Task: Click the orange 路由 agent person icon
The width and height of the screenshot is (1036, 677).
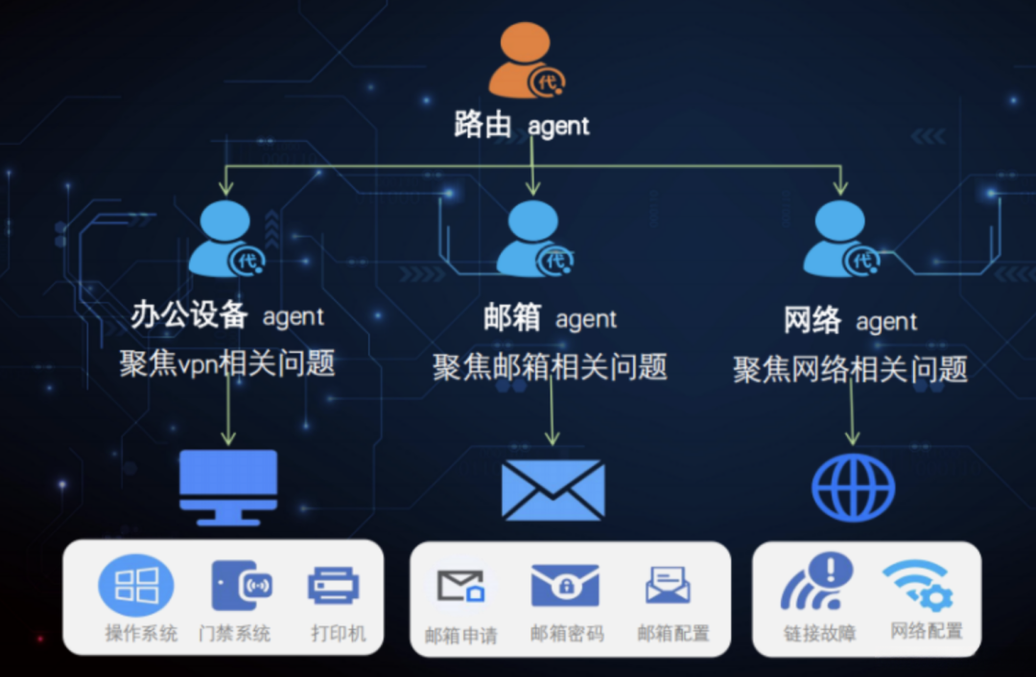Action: (525, 61)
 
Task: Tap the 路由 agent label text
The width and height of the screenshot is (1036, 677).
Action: (521, 125)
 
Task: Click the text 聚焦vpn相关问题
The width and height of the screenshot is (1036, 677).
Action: (227, 364)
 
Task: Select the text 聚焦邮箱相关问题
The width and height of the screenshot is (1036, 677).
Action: (549, 366)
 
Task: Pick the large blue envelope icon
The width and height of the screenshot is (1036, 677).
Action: (553, 490)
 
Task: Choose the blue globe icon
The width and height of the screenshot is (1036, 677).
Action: (853, 487)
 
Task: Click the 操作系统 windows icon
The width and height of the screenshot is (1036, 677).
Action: (137, 585)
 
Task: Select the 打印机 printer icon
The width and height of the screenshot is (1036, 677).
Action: (334, 585)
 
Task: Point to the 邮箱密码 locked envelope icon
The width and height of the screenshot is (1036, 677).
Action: (565, 586)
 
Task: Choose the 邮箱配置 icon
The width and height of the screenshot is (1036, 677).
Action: (669, 584)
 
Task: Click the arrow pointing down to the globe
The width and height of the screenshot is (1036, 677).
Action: (850, 417)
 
